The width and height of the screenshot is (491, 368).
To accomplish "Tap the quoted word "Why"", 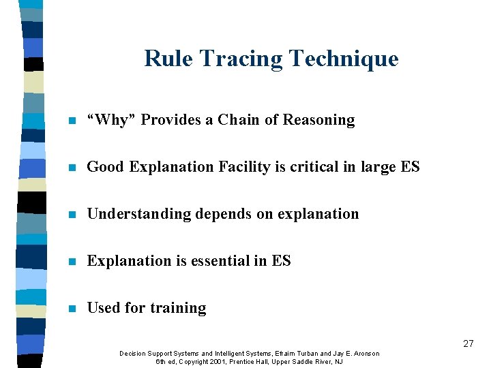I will [113, 120].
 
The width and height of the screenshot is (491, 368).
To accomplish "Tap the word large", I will [378, 168].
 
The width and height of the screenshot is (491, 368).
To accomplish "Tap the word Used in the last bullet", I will [104, 308].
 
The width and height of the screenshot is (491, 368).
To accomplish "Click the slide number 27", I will [468, 343].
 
